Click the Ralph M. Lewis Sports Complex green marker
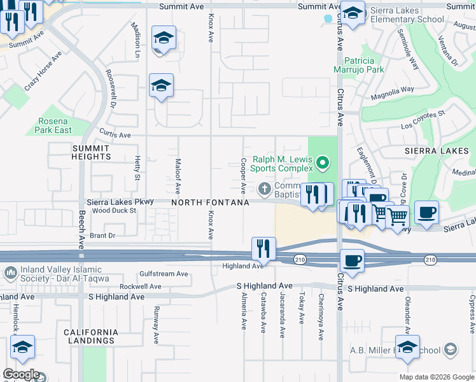coord(323,164)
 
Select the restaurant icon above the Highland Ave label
coord(263,248)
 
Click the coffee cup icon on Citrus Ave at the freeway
coord(351,260)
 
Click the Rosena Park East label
coord(54,125)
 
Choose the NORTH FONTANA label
coord(209,202)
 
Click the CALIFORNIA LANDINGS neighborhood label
coord(90,336)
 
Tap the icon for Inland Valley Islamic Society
coord(10,274)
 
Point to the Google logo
coord(20,374)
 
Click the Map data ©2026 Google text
coord(437,377)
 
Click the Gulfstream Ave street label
coord(164,274)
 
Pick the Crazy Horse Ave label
coord(43,71)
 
